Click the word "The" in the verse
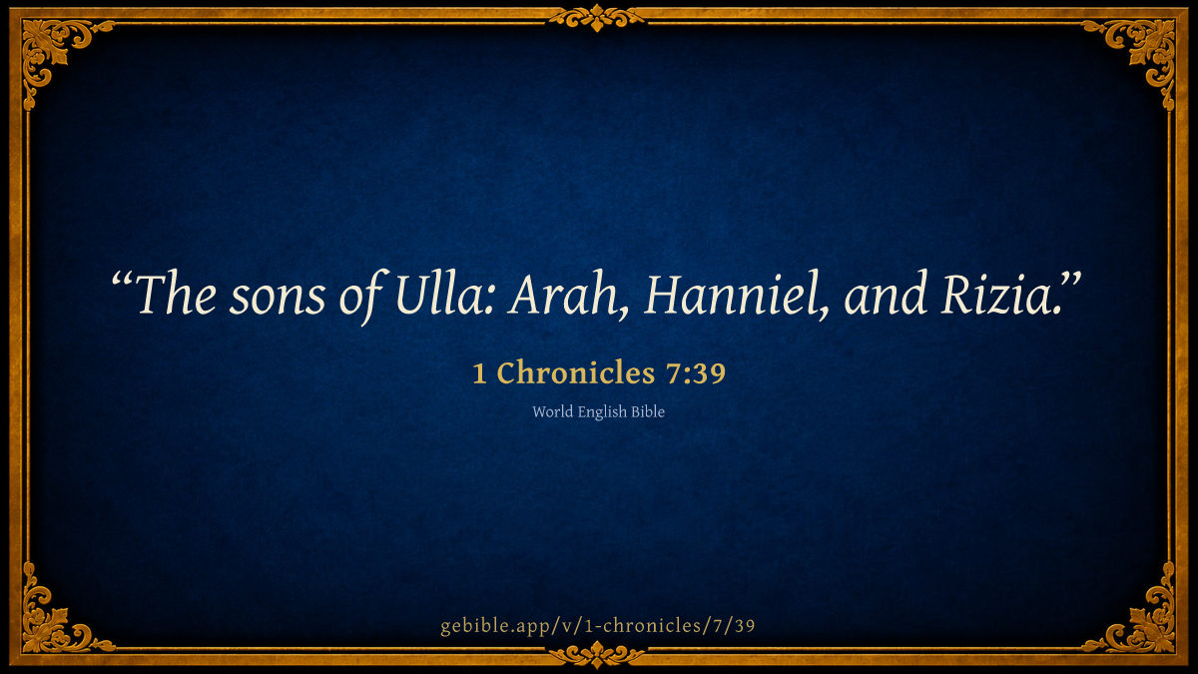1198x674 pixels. coord(177,294)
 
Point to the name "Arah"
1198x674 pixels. coord(561,295)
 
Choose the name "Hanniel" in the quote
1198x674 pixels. coord(732,295)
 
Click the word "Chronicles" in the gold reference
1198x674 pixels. coord(576,372)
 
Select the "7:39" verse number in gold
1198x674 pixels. coord(696,373)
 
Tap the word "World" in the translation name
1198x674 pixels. coord(552,411)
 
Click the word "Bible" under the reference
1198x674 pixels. coord(648,411)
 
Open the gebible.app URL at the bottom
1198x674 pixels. coord(598,625)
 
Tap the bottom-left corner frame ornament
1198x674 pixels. coord(54,620)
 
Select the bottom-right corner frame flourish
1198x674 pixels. coord(1144,620)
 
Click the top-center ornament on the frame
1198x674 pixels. coord(597,18)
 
